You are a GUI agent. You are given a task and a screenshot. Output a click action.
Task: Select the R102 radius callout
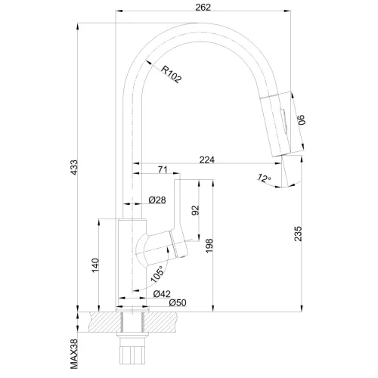coord(172,73)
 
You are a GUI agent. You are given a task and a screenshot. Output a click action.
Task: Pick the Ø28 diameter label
coord(157,200)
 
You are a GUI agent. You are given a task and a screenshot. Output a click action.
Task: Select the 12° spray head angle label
coord(263,178)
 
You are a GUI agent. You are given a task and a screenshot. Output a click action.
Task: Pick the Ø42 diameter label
coord(161,293)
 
